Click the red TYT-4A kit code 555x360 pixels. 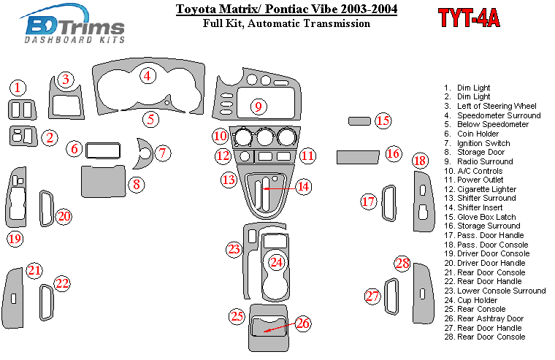470,18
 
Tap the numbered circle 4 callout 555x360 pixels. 148,76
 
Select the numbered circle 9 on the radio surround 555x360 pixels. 257,107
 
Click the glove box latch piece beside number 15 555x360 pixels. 359,120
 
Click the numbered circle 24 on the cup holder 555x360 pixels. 276,261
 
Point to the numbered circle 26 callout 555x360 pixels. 302,323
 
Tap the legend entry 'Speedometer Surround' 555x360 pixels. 498,115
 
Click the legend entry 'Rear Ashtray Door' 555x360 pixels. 490,318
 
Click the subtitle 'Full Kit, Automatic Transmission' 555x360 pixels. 287,23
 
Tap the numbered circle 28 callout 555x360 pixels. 402,264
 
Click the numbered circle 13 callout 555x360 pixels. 229,180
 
